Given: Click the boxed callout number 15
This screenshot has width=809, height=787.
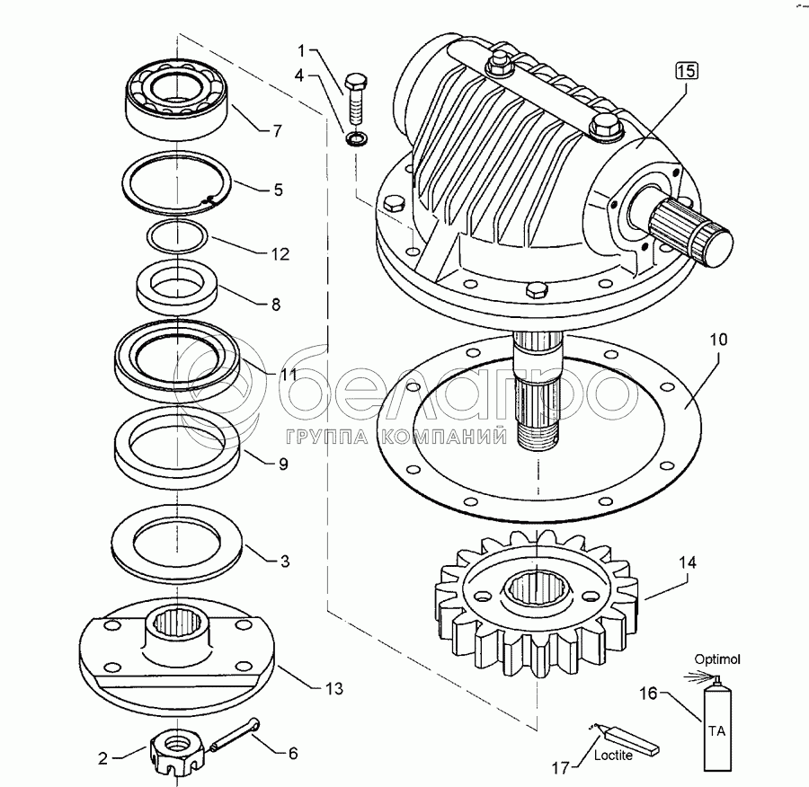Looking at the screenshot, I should point(685,71).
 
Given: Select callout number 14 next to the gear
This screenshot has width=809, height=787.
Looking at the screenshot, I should point(688,563).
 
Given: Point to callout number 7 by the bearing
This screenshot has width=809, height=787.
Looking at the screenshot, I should point(277,130).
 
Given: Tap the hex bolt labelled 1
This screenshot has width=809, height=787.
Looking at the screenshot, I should point(357,96).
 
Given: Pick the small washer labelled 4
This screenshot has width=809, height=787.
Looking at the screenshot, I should point(356,139).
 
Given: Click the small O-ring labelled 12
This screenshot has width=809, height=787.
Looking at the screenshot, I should point(177,235).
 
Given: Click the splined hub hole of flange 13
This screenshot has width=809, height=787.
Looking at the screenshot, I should point(178,620).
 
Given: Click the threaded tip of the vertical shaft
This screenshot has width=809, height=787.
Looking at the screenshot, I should point(538,438).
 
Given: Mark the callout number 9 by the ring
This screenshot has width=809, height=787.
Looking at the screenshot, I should point(282,464).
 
